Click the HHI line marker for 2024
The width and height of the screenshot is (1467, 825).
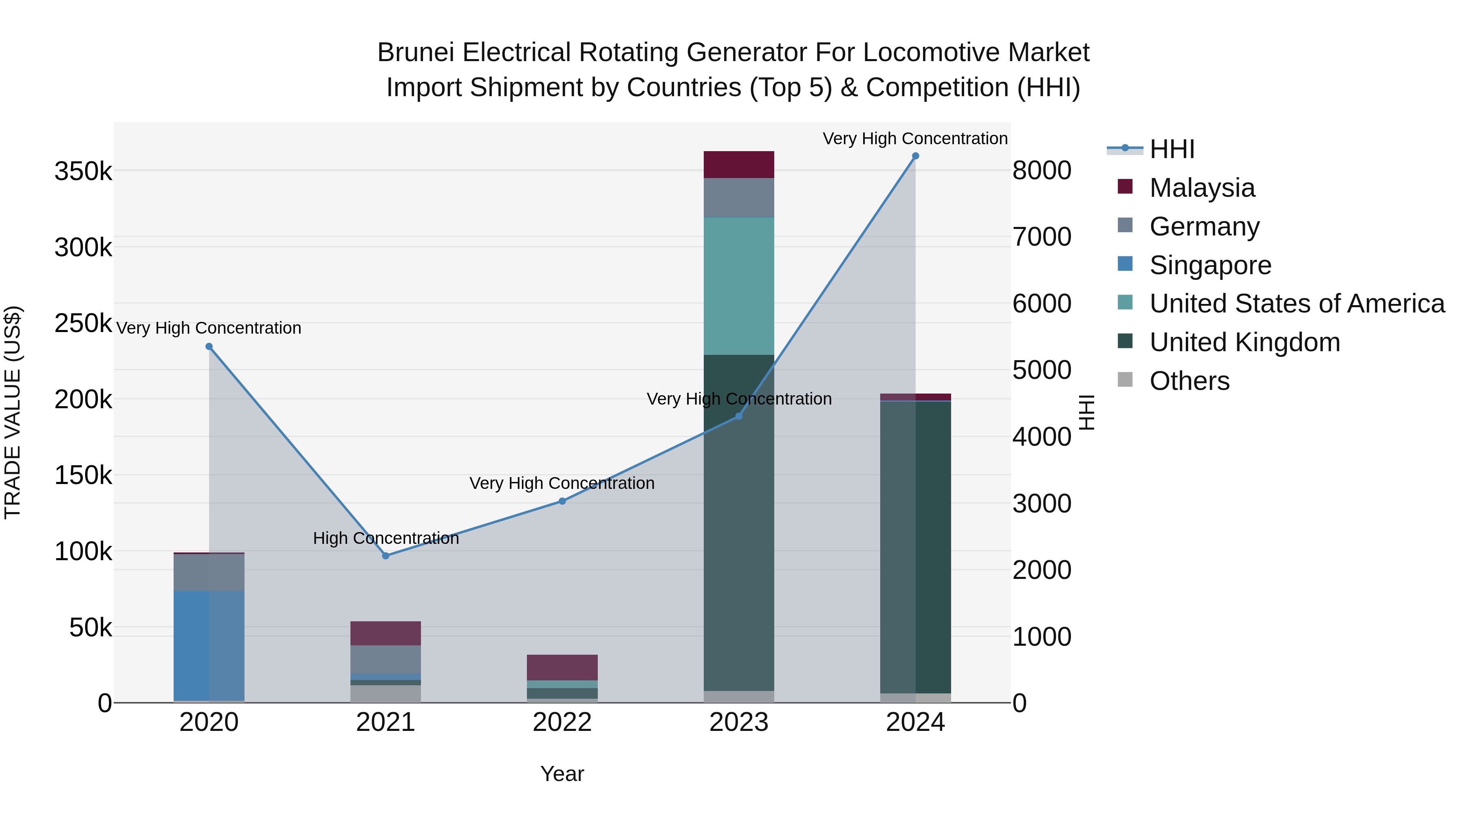click(x=915, y=156)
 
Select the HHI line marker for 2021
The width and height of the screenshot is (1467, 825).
click(x=385, y=556)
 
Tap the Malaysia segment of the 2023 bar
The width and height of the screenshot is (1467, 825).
click(x=739, y=165)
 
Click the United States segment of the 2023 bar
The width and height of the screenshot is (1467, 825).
click(x=739, y=286)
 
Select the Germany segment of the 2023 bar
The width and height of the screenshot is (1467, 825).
click(x=739, y=198)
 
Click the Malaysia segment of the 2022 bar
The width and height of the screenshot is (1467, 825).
click(x=562, y=667)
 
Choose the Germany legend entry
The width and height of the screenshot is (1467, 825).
click(x=1204, y=227)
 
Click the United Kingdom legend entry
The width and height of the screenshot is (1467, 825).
click(x=1245, y=342)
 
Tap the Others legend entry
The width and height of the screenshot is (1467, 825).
click(x=1189, y=381)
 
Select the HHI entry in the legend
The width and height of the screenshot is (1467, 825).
click(x=1172, y=149)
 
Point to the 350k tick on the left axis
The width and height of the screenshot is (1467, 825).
click(x=83, y=171)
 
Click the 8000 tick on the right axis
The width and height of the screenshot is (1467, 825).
click(x=1041, y=170)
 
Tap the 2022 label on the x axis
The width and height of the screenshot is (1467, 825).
click(x=562, y=722)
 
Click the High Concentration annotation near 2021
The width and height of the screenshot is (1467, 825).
click(x=385, y=538)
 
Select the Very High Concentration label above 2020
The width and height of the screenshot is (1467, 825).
click(x=208, y=328)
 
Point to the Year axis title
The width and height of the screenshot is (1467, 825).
click(x=562, y=774)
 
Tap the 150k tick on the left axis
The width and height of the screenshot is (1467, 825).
click(x=83, y=475)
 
